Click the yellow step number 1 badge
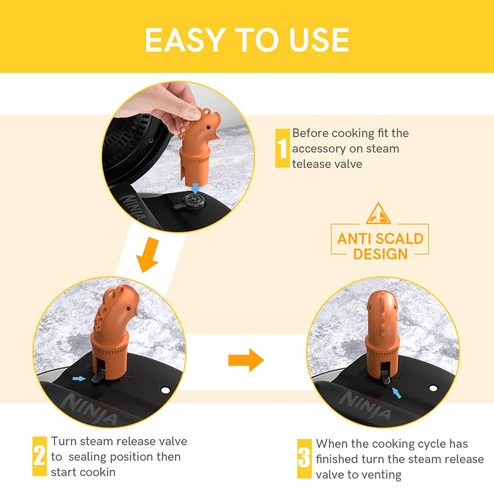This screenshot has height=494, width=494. (282, 148)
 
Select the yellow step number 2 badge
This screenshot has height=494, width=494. (40, 456)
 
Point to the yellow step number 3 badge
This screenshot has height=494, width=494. (304, 459)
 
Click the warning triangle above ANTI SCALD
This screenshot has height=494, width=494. (378, 214)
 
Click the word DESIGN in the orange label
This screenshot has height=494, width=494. (380, 254)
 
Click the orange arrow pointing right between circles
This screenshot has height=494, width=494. (246, 360)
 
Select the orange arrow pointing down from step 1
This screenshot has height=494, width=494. (148, 255)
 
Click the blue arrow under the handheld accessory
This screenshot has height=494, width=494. (195, 188)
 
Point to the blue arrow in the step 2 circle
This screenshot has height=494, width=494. (79, 378)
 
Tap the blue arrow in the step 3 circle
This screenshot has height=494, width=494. (397, 393)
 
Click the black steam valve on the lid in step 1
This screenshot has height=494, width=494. (191, 203)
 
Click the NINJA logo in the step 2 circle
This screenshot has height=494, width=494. (88, 409)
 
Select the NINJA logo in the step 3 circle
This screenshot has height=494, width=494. (365, 405)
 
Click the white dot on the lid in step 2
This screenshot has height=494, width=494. (165, 390)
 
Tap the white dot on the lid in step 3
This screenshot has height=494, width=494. (433, 388)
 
